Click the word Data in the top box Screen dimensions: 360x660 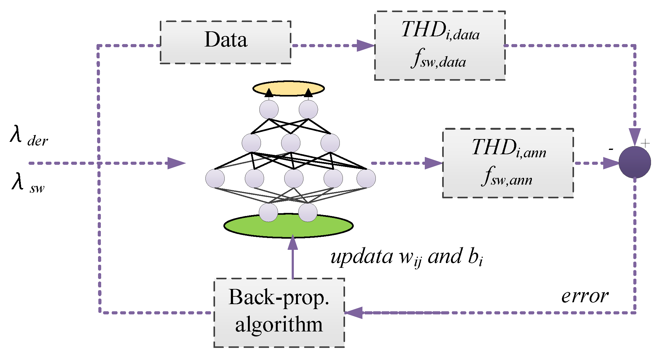coord(226,40)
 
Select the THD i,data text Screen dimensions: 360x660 coord(440,31)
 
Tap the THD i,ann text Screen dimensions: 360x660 coord(508,148)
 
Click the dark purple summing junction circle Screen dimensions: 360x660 coord(635,162)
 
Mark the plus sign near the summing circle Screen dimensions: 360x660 coord(645,143)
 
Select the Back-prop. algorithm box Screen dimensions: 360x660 coord(279,312)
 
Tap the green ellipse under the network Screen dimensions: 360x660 coord(288,228)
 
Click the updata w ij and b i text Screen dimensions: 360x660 coord(406,257)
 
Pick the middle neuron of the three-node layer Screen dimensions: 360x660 coord(291,143)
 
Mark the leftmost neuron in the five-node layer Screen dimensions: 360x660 coord(215,178)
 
